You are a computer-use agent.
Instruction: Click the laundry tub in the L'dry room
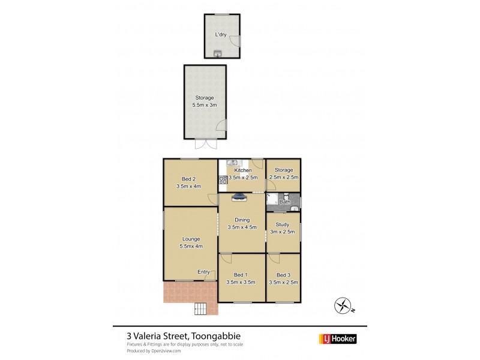217,55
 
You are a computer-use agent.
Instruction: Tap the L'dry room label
222,35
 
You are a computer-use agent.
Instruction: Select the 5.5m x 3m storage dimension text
205,105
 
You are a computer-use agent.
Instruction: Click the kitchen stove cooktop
223,179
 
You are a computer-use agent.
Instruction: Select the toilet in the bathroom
287,197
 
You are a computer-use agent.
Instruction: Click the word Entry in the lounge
203,272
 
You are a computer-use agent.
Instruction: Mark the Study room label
283,224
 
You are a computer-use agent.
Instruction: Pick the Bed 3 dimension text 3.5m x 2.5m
283,282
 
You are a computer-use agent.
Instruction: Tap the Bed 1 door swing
226,259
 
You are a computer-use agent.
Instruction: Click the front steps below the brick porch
200,309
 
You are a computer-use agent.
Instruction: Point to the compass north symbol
343,306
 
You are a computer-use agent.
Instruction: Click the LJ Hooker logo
337,339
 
